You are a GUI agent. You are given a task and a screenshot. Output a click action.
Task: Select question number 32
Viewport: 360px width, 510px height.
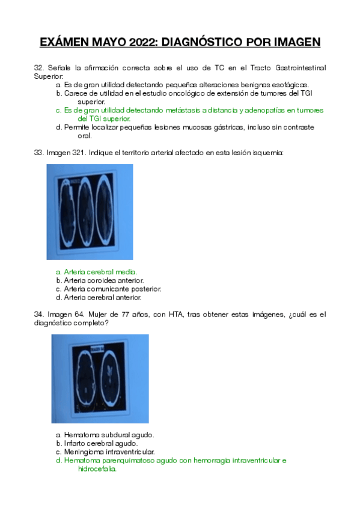point(39,69)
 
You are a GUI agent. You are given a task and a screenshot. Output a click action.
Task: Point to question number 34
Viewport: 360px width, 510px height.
point(39,314)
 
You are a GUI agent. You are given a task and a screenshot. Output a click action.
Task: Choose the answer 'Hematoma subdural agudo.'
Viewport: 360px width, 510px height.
point(109,435)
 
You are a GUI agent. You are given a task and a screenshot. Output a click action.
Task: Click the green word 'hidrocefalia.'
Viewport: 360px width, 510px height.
point(97,469)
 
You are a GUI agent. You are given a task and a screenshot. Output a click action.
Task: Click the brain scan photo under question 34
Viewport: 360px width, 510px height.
point(99,378)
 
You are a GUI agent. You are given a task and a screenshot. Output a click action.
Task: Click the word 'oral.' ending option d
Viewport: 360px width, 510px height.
point(85,136)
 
